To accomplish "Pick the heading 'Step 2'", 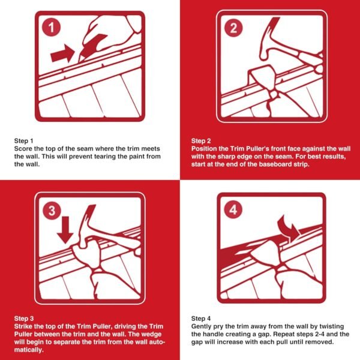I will (x=201, y=140).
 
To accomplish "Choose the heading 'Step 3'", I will (x=23, y=319).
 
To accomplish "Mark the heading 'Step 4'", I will (x=201, y=318).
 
